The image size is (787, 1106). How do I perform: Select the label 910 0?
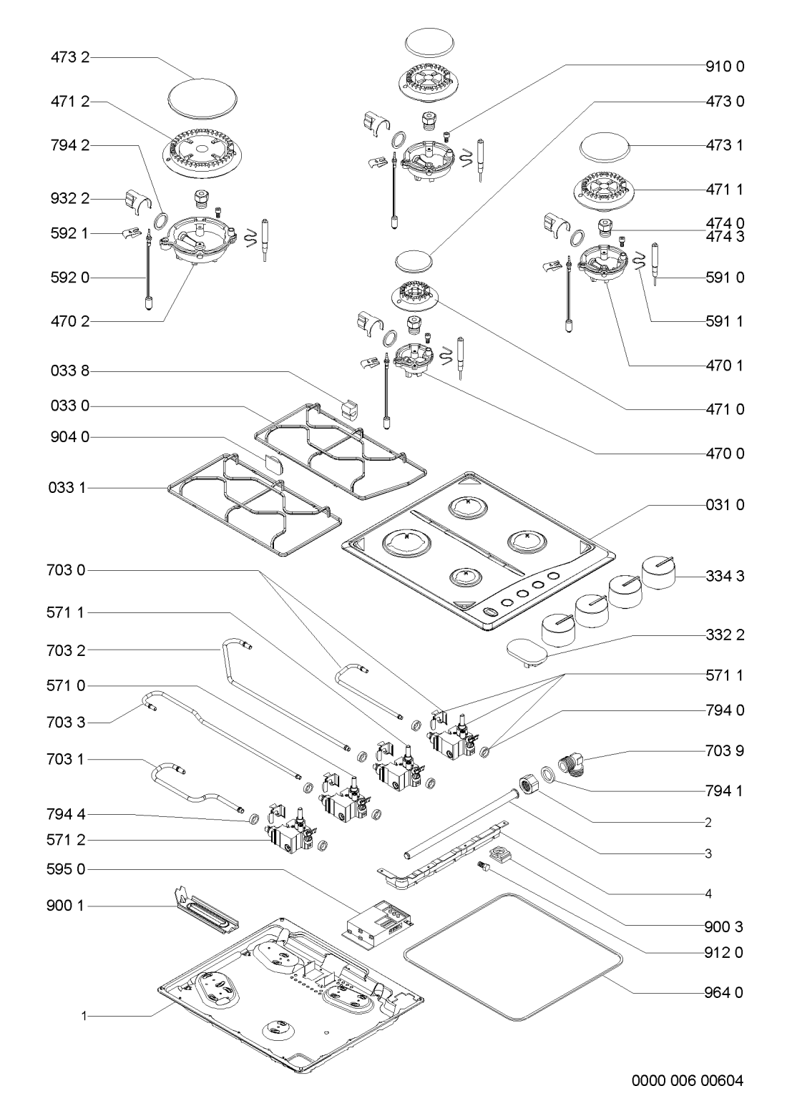click(725, 67)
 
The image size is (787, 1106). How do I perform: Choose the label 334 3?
click(725, 576)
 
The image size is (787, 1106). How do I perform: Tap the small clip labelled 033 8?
click(349, 408)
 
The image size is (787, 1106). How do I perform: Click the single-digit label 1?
click(84, 1015)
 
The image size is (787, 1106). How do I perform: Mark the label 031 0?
click(725, 505)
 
